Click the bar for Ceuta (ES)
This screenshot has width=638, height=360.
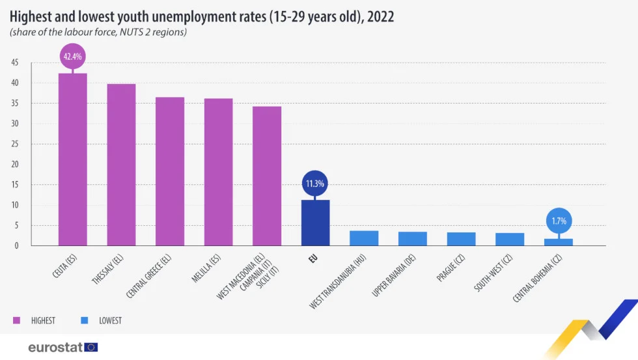[72, 159]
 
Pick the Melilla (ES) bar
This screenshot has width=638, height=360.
[218, 172]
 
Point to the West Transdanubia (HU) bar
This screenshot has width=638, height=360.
[364, 238]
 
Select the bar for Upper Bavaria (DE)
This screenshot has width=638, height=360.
[413, 239]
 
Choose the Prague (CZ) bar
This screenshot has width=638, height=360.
[461, 239]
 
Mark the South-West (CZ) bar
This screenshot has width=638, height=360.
[510, 240]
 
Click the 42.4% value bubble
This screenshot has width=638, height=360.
[72, 57]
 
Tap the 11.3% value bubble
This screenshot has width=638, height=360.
[315, 184]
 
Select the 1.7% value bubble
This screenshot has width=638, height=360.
[558, 221]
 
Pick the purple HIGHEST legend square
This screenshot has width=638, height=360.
[16, 320]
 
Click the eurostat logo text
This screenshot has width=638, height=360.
[55, 347]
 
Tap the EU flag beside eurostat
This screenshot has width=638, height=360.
[91, 347]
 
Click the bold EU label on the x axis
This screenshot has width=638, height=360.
[313, 259]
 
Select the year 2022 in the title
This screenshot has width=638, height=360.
[380, 17]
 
